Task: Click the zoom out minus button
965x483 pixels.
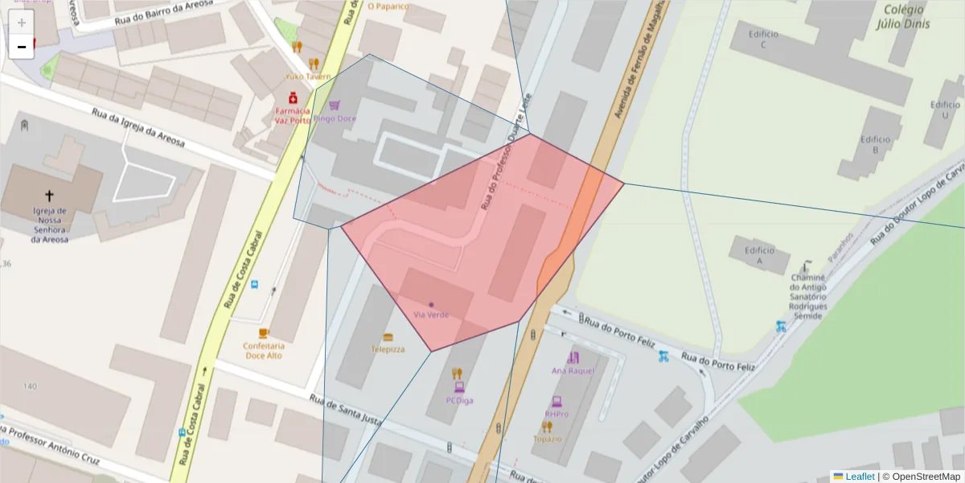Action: [22, 47]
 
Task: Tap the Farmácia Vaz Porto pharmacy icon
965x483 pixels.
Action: [293, 97]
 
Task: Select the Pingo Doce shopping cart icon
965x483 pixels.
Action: [335, 105]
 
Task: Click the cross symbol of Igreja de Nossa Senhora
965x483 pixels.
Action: [49, 195]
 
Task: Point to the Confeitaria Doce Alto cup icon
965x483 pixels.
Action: [264, 332]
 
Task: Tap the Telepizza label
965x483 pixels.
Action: [388, 349]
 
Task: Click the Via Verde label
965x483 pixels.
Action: [431, 314]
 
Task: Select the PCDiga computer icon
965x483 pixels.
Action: [459, 386]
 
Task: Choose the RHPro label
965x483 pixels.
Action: [556, 414]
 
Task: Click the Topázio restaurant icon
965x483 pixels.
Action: [547, 426]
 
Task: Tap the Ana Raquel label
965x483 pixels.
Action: [573, 370]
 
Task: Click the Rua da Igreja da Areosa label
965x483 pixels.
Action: [138, 128]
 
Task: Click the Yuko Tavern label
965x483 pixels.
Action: [307, 76]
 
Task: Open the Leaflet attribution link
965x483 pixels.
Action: [860, 477]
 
